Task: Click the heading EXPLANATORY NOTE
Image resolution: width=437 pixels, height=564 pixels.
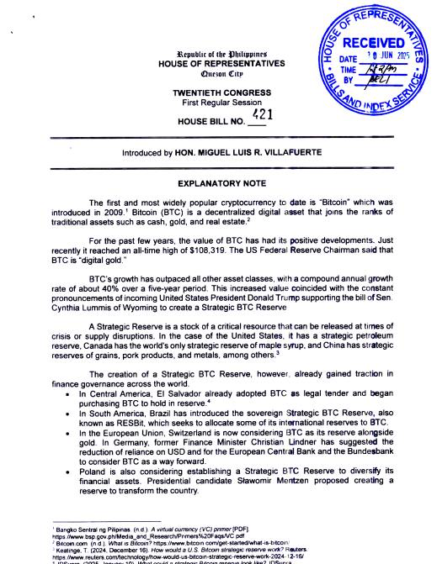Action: pyautogui.click(x=218, y=182)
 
